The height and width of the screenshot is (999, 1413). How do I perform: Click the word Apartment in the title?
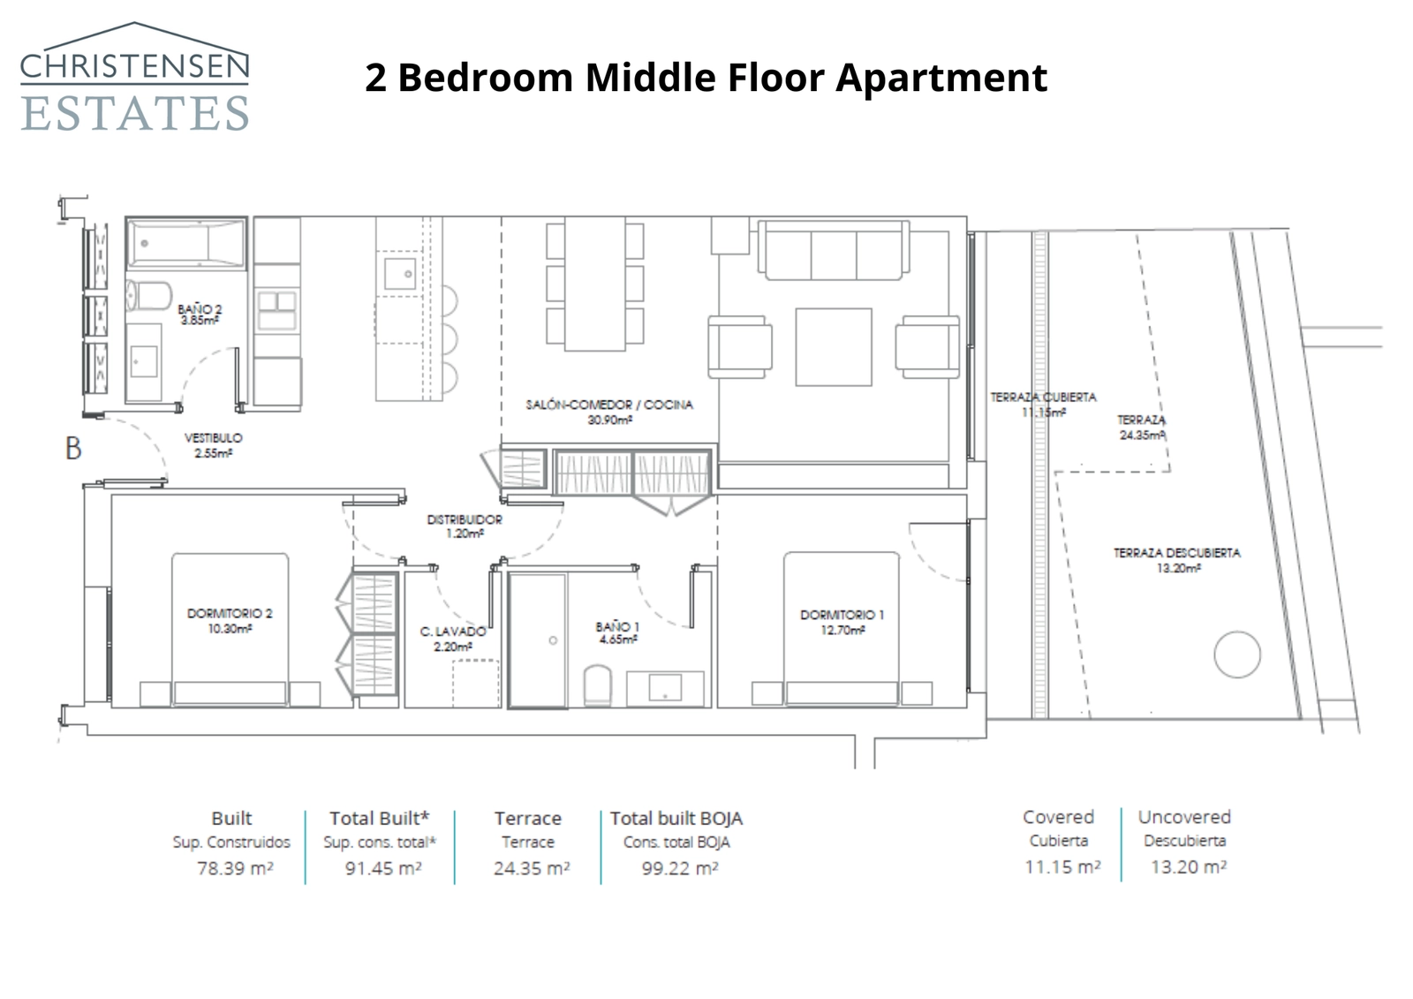tap(941, 78)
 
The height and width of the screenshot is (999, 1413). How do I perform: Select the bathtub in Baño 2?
tap(185, 242)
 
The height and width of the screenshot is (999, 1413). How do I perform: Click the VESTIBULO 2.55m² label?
tap(213, 445)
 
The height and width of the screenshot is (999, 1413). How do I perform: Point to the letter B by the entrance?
tap(73, 449)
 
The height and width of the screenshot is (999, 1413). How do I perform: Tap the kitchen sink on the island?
tap(400, 273)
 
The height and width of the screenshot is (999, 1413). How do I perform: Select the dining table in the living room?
tap(594, 283)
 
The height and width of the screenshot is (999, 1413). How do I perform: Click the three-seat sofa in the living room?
tap(834, 251)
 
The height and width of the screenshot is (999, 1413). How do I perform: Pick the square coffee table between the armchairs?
tap(833, 346)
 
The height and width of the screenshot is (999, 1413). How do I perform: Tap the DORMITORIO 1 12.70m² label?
tap(842, 622)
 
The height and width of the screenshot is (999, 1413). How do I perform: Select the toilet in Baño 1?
tap(598, 685)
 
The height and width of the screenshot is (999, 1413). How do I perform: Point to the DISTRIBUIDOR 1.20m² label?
tap(465, 526)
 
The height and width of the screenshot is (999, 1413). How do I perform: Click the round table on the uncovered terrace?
tap(1236, 655)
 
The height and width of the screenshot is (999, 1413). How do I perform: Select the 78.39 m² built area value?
tap(234, 868)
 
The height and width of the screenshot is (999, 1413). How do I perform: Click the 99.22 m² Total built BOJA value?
tap(679, 868)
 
